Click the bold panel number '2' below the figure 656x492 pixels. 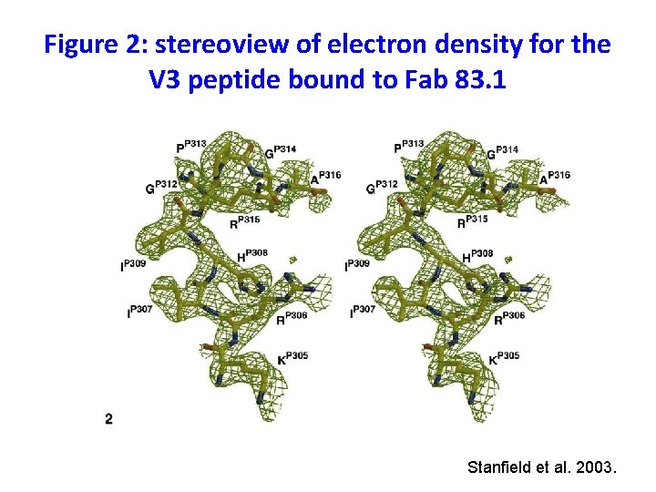109,418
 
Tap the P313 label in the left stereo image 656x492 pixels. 191,146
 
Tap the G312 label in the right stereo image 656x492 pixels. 383,186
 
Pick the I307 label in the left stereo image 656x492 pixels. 138,312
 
